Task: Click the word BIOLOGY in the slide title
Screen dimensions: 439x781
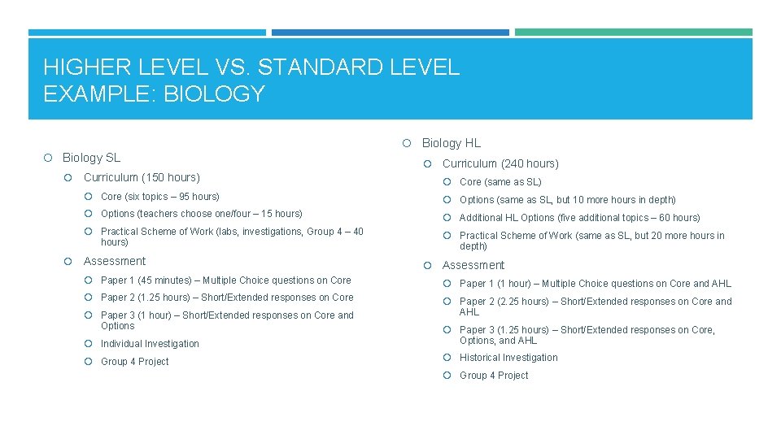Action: coord(214,94)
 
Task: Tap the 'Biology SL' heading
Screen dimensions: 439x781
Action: coord(91,158)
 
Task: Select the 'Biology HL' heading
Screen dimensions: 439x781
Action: coord(451,143)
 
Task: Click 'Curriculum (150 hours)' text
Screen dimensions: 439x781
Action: coord(142,177)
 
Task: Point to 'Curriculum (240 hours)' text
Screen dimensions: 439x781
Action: coord(500,163)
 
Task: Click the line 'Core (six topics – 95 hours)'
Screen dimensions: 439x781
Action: coord(160,197)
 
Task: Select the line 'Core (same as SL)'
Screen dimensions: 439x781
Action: coord(500,182)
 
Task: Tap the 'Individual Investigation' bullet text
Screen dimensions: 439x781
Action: coord(150,344)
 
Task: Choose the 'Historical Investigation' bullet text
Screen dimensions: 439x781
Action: coord(508,358)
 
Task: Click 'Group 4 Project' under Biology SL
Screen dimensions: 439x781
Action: coord(135,362)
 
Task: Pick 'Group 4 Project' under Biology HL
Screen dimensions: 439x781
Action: coord(494,376)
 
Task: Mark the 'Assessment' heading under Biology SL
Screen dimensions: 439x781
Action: coord(115,261)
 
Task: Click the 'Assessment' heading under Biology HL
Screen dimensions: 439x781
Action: coord(473,265)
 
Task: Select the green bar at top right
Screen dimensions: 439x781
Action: coord(633,33)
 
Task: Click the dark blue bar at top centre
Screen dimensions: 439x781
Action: coord(390,33)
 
